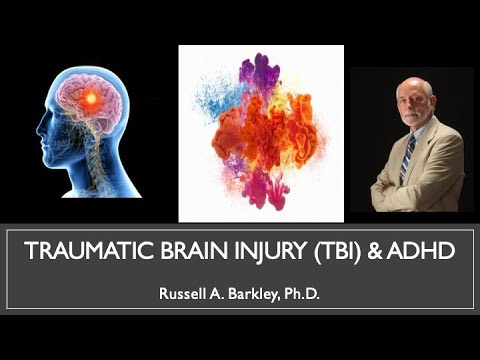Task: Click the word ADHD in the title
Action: [427, 252]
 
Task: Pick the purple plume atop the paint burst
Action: [261, 70]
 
